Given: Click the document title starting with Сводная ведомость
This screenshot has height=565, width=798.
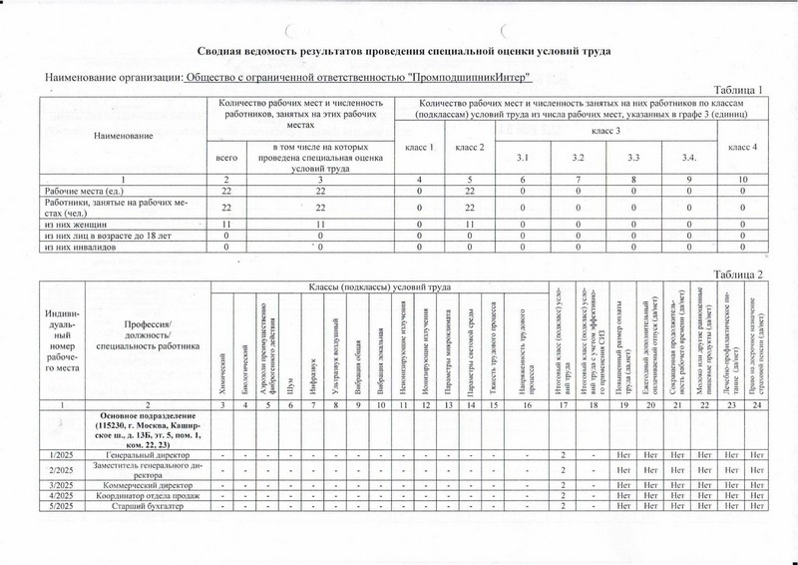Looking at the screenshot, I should click(x=398, y=50).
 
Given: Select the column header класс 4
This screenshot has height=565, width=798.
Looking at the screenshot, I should click(x=742, y=148).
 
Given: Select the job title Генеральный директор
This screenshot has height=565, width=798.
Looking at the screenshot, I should click(x=149, y=456).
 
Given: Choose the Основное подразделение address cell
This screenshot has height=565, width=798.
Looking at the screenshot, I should click(x=149, y=430).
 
